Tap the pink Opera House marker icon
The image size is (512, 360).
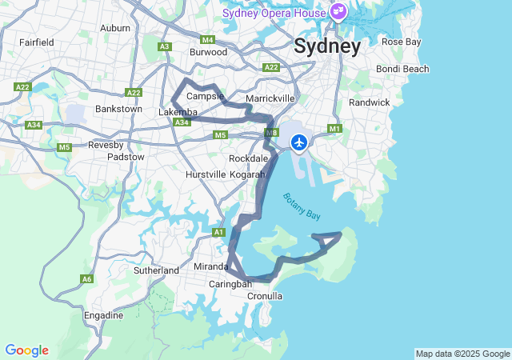tap(338, 12)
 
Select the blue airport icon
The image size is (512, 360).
tap(299, 142)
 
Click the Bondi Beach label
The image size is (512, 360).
tap(402, 69)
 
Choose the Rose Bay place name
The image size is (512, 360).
tap(400, 41)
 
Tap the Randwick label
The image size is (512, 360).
tap(369, 102)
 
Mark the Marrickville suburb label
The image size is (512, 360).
tap(270, 98)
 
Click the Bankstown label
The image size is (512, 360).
tap(118, 109)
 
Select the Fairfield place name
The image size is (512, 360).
tap(37, 42)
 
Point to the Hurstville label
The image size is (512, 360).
tap(206, 174)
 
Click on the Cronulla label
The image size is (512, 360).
tap(265, 296)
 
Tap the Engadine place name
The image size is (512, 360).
tap(104, 315)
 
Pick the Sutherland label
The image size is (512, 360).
tap(156, 270)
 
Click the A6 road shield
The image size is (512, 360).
tap(86, 279)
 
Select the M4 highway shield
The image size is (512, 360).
tap(208, 39)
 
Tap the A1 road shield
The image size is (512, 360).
tap(218, 232)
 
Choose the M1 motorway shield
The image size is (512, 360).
tap(334, 128)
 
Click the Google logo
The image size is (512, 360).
tap(26, 350)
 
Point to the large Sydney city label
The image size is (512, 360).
tap(327, 46)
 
